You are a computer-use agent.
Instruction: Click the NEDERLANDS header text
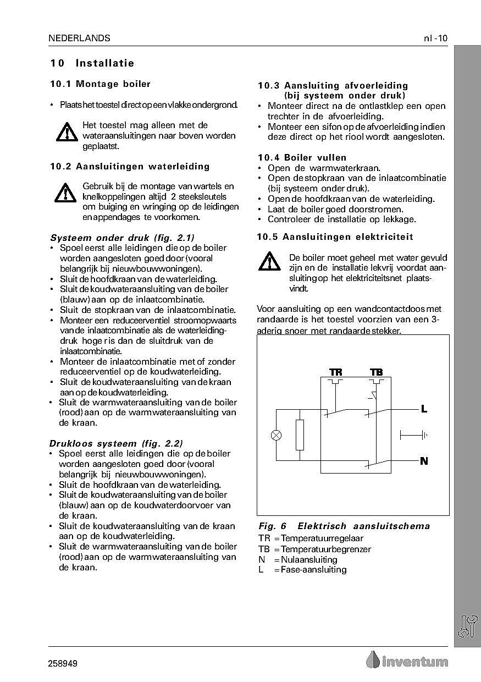tap(79, 38)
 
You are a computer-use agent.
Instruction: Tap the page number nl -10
tap(435, 38)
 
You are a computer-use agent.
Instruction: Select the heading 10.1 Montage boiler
tap(100, 84)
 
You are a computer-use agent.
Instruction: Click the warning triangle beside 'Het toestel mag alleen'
tap(67, 133)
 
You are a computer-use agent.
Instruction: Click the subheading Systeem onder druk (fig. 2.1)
tap(122, 238)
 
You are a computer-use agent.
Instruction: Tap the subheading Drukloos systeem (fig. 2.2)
tap(116, 443)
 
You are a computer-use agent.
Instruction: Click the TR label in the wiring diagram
tap(335, 373)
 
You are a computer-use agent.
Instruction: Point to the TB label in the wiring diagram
tap(377, 373)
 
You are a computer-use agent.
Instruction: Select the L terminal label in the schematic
tap(424, 409)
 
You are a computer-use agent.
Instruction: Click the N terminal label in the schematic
tap(424, 461)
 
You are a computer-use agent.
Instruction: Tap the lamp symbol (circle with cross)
tap(277, 435)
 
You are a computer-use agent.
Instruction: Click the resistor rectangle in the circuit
tap(300, 435)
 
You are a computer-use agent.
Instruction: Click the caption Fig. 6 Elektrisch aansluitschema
tap(344, 526)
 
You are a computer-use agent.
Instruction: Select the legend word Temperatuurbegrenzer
tap(326, 549)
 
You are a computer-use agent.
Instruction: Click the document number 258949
tap(63, 664)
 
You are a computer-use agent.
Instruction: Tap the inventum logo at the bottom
tap(407, 661)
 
